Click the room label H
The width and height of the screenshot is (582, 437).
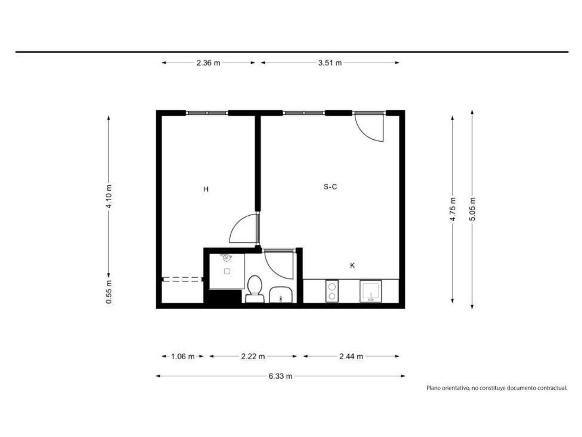pos(206,189)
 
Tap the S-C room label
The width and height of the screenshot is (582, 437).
pos(330,187)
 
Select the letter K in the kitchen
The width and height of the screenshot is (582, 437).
pos(352,265)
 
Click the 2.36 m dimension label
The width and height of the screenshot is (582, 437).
pos(208,63)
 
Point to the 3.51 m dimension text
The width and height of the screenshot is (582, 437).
pos(330,63)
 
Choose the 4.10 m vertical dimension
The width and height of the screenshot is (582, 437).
pos(109,196)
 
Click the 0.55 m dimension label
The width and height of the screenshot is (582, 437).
pos(109,292)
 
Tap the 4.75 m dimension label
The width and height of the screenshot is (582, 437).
pos(452,209)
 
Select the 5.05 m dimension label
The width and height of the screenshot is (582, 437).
pos(472,209)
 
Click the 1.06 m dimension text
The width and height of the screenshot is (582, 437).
pos(183,356)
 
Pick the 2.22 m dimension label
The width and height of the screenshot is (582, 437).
pos(253,356)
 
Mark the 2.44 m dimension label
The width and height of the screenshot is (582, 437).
pos(351,356)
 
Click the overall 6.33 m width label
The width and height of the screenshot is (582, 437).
pos(280,376)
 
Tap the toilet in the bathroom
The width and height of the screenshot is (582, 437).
pos(255,289)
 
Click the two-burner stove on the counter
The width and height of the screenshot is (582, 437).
pos(332,291)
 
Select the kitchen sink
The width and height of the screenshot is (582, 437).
pos(371,291)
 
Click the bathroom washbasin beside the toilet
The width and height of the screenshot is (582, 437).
pos(281,295)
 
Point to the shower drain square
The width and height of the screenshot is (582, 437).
pos(227,271)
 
